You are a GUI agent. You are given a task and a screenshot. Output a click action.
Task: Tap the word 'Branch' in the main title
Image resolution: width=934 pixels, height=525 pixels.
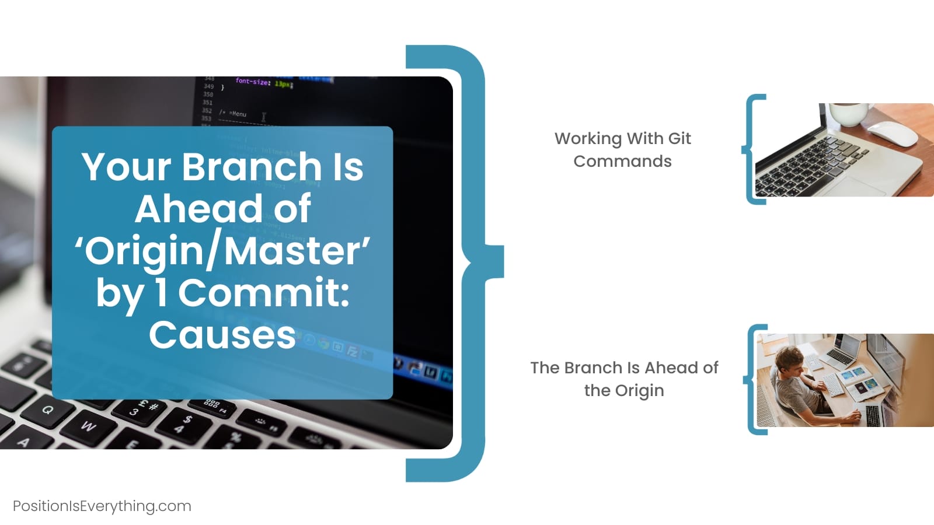point(252,167)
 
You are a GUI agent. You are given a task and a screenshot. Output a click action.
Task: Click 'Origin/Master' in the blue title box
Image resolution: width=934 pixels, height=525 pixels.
point(222,251)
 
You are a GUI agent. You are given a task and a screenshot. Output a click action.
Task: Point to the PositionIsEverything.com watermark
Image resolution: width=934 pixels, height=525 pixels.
point(102,506)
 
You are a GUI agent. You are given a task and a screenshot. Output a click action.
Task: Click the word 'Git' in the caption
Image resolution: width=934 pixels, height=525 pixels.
point(679,138)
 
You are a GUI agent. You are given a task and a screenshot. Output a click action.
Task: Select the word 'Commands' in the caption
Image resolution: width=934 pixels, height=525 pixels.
point(622,161)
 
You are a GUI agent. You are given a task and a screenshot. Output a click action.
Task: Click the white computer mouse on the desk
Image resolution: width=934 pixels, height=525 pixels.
point(893,133)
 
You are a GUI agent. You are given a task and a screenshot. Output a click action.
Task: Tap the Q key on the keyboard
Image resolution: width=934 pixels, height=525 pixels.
point(47,411)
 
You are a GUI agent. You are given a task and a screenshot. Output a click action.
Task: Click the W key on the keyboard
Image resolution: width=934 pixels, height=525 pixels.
point(88,426)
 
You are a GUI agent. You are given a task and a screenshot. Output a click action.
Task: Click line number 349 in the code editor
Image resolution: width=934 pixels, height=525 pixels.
point(208,86)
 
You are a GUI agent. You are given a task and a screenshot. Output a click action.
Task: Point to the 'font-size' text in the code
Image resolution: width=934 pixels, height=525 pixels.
point(252,81)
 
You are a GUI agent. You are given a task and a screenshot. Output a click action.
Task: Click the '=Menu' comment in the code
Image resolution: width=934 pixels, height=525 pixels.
point(238,114)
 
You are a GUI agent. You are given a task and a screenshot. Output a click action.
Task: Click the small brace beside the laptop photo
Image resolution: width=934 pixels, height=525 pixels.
point(752,149)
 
